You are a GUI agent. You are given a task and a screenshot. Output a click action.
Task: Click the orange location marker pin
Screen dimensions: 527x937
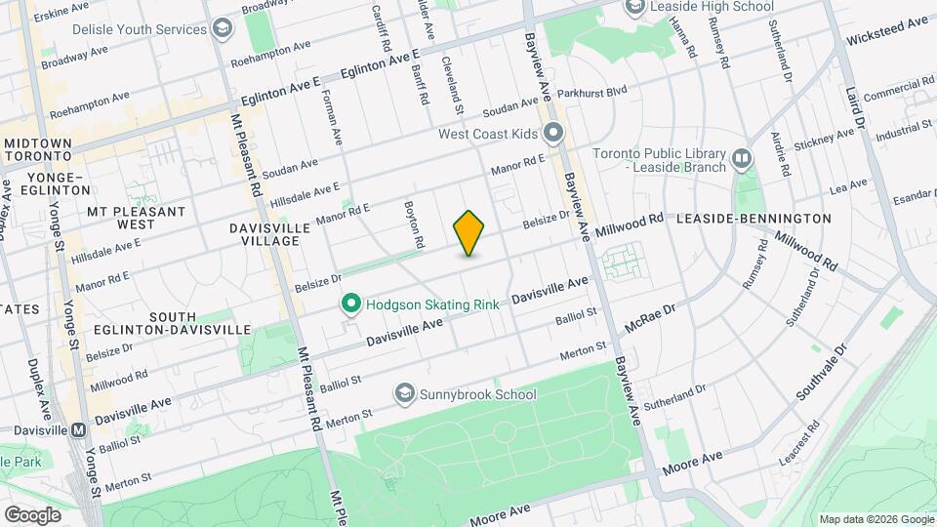coord(469,233)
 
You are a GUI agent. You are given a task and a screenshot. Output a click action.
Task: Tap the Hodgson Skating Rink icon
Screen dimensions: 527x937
coord(352,304)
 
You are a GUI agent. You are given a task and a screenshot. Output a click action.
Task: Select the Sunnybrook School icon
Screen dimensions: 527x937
coord(404,394)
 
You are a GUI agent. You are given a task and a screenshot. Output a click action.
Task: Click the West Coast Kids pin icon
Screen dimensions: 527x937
coord(554,133)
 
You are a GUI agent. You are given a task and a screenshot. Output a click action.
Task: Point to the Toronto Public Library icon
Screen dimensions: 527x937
coord(742,158)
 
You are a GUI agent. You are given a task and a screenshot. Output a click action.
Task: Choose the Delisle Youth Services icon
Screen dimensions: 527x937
coord(223,29)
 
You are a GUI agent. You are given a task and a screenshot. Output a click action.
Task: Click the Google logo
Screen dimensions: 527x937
coord(32,514)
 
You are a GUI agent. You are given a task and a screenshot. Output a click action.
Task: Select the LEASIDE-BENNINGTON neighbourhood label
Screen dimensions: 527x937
coord(760,219)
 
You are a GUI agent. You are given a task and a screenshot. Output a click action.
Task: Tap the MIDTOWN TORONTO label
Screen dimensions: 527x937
coord(38,150)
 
